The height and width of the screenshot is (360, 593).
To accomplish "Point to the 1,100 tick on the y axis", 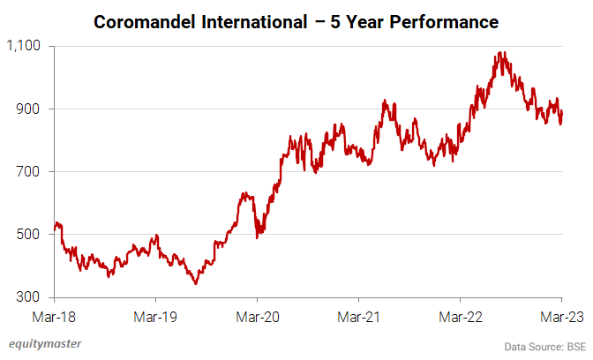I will coord(26,46).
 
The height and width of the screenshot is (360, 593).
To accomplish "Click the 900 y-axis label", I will coord(33,109).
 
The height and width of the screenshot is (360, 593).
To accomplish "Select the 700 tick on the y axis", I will coord(33,171).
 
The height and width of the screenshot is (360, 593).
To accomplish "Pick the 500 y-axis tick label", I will coord(33,235).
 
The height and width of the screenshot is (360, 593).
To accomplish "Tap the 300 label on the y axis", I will coord(33,297).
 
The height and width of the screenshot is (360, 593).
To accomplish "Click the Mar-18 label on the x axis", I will coord(55,315).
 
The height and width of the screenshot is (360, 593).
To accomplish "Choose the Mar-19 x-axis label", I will coord(156,315).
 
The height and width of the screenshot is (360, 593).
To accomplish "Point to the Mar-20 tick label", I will coord(258,315).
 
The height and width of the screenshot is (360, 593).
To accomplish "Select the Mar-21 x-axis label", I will coord(359,315).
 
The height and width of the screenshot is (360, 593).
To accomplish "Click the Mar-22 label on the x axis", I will coord(461,315).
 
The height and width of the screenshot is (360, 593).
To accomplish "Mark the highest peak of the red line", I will coord(502,52).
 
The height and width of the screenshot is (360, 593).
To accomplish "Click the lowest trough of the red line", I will coord(195,283).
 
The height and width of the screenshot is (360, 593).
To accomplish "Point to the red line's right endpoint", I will coord(562,113).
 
